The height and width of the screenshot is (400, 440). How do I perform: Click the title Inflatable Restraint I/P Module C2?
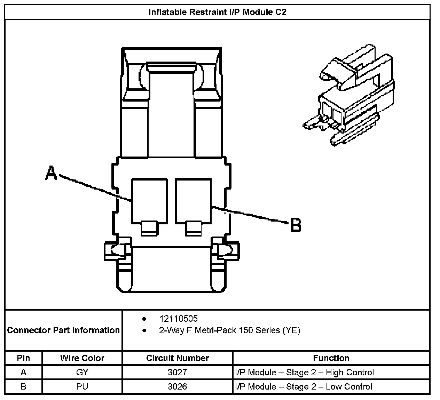[217, 12]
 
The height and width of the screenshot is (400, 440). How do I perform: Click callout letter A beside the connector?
[51, 173]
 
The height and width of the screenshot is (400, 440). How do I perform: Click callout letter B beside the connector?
[296, 225]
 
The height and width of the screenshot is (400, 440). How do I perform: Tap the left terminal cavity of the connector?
[149, 201]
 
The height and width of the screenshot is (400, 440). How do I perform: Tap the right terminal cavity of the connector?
[194, 201]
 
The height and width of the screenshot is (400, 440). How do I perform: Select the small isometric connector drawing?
[349, 96]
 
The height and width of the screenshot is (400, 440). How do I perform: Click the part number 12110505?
[178, 319]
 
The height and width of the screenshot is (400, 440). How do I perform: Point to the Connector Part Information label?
[63, 330]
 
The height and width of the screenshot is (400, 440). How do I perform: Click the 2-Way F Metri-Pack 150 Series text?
[229, 330]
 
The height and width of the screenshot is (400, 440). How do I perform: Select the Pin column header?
[23, 358]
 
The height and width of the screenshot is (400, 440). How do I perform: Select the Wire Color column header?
[82, 358]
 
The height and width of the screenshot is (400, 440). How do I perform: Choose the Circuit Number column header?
[178, 358]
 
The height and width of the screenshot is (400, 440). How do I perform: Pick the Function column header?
[331, 358]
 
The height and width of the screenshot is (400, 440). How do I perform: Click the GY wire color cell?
[82, 373]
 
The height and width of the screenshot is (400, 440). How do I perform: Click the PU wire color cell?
[82, 387]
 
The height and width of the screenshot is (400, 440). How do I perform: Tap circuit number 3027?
[178, 373]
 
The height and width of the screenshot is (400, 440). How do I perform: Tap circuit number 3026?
[178, 387]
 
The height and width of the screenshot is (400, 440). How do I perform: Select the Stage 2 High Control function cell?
[305, 373]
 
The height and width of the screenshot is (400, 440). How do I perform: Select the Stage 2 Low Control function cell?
[304, 387]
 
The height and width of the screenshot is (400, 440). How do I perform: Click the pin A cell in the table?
[23, 373]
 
